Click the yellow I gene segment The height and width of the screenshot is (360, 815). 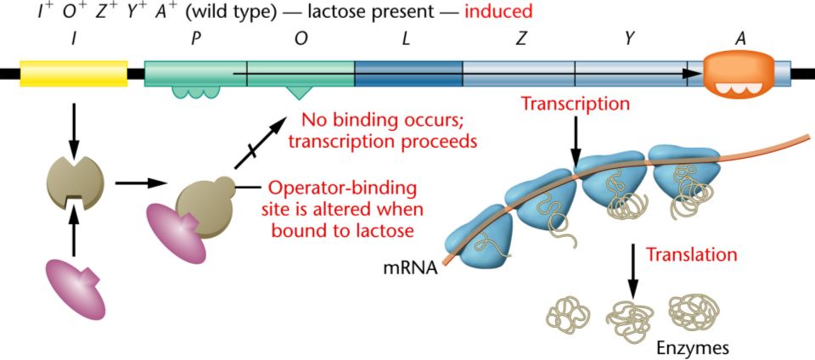point(73,73)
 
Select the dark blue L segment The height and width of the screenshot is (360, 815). point(407,73)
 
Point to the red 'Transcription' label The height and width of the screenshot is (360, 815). point(575,105)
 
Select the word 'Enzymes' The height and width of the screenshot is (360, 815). point(693,347)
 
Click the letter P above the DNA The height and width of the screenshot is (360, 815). point(196,39)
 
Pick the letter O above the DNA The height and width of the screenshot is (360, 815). point(301,39)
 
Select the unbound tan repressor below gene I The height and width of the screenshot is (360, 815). point(75,181)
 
